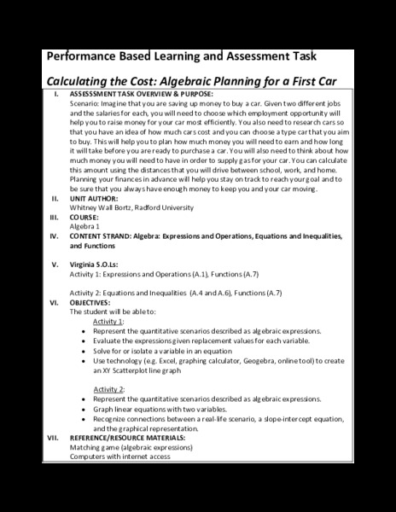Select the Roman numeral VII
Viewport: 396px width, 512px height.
pyautogui.click(x=52, y=438)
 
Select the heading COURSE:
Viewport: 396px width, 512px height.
pyautogui.click(x=89, y=216)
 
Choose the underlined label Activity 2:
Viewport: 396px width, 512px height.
pyautogui.click(x=109, y=388)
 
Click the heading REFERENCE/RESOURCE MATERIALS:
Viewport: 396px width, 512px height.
pyautogui.click(x=139, y=438)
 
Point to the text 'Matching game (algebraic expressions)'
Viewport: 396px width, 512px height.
pyautogui.click(x=136, y=447)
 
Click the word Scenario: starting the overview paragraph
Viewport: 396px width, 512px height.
pyautogui.click(x=88, y=102)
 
